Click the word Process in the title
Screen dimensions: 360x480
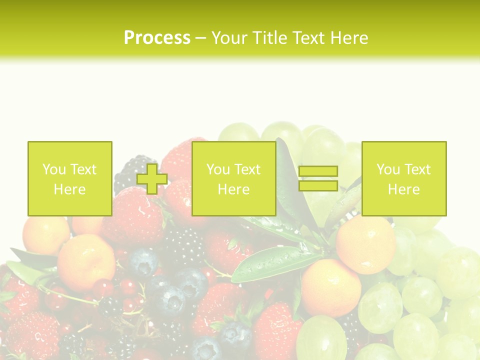pyautogui.click(x=157, y=38)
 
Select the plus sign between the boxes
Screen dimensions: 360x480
pyautogui.click(x=152, y=178)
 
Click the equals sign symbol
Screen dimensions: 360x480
pyautogui.click(x=318, y=178)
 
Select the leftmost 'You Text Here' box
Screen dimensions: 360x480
pyautogui.click(x=69, y=178)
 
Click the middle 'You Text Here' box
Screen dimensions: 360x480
pyautogui.click(x=233, y=178)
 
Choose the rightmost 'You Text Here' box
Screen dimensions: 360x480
pyautogui.click(x=403, y=178)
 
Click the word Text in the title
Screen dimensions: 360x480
pyautogui.click(x=309, y=38)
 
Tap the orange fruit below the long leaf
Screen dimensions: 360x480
pyautogui.click(x=330, y=287)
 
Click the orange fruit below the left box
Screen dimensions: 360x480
pyautogui.click(x=86, y=262)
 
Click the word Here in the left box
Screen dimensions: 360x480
pyautogui.click(x=69, y=189)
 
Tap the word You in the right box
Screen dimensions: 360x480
pyautogui.click(x=387, y=169)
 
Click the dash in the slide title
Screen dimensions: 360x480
pyautogui.click(x=200, y=38)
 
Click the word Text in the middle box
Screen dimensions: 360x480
pyautogui.click(x=247, y=169)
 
